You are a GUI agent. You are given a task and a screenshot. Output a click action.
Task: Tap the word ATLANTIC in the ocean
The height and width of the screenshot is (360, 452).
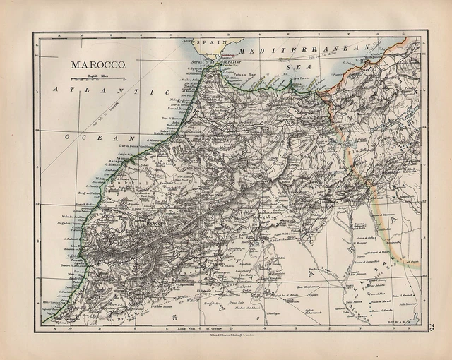(113, 91)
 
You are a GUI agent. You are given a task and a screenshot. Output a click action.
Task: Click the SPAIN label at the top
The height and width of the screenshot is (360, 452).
(209, 42)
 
